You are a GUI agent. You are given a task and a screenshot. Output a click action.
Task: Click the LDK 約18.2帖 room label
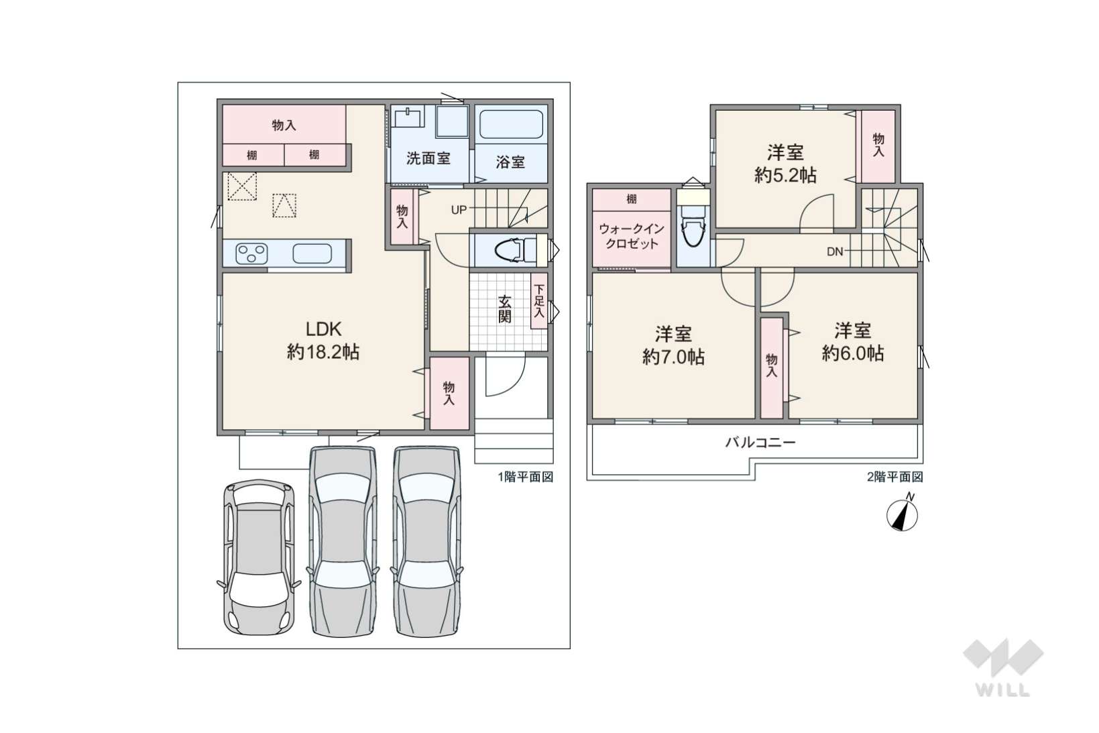(x=323, y=341)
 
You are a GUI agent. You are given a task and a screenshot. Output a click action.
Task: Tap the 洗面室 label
(x=428, y=158)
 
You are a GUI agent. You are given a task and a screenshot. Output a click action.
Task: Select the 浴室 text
(x=510, y=162)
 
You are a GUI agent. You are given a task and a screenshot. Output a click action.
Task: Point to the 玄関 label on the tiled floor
(x=505, y=308)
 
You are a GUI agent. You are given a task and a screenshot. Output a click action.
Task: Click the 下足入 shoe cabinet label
(x=539, y=300)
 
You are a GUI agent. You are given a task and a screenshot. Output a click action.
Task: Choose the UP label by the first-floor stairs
(x=459, y=210)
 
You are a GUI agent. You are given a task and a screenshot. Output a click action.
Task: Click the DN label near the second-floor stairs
(x=835, y=251)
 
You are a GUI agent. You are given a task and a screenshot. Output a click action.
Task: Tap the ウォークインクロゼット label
(x=632, y=236)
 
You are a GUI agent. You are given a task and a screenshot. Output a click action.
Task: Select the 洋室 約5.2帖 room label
(x=785, y=164)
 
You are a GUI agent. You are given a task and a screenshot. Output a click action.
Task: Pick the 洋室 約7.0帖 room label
(x=673, y=345)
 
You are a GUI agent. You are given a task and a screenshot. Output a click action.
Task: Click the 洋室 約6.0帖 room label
(x=853, y=342)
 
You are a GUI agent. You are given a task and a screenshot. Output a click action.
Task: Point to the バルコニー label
(x=760, y=443)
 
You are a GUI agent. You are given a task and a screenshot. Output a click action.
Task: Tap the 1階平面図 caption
(x=526, y=477)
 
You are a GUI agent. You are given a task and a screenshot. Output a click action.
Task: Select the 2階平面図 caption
(x=895, y=477)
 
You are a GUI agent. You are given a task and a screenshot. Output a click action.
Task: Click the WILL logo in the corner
(x=1003, y=668)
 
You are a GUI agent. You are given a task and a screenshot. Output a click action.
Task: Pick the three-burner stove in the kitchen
(x=251, y=253)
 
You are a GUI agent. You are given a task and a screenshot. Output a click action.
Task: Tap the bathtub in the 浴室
(x=511, y=125)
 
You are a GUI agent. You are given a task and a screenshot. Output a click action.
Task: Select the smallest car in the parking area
(x=259, y=557)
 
